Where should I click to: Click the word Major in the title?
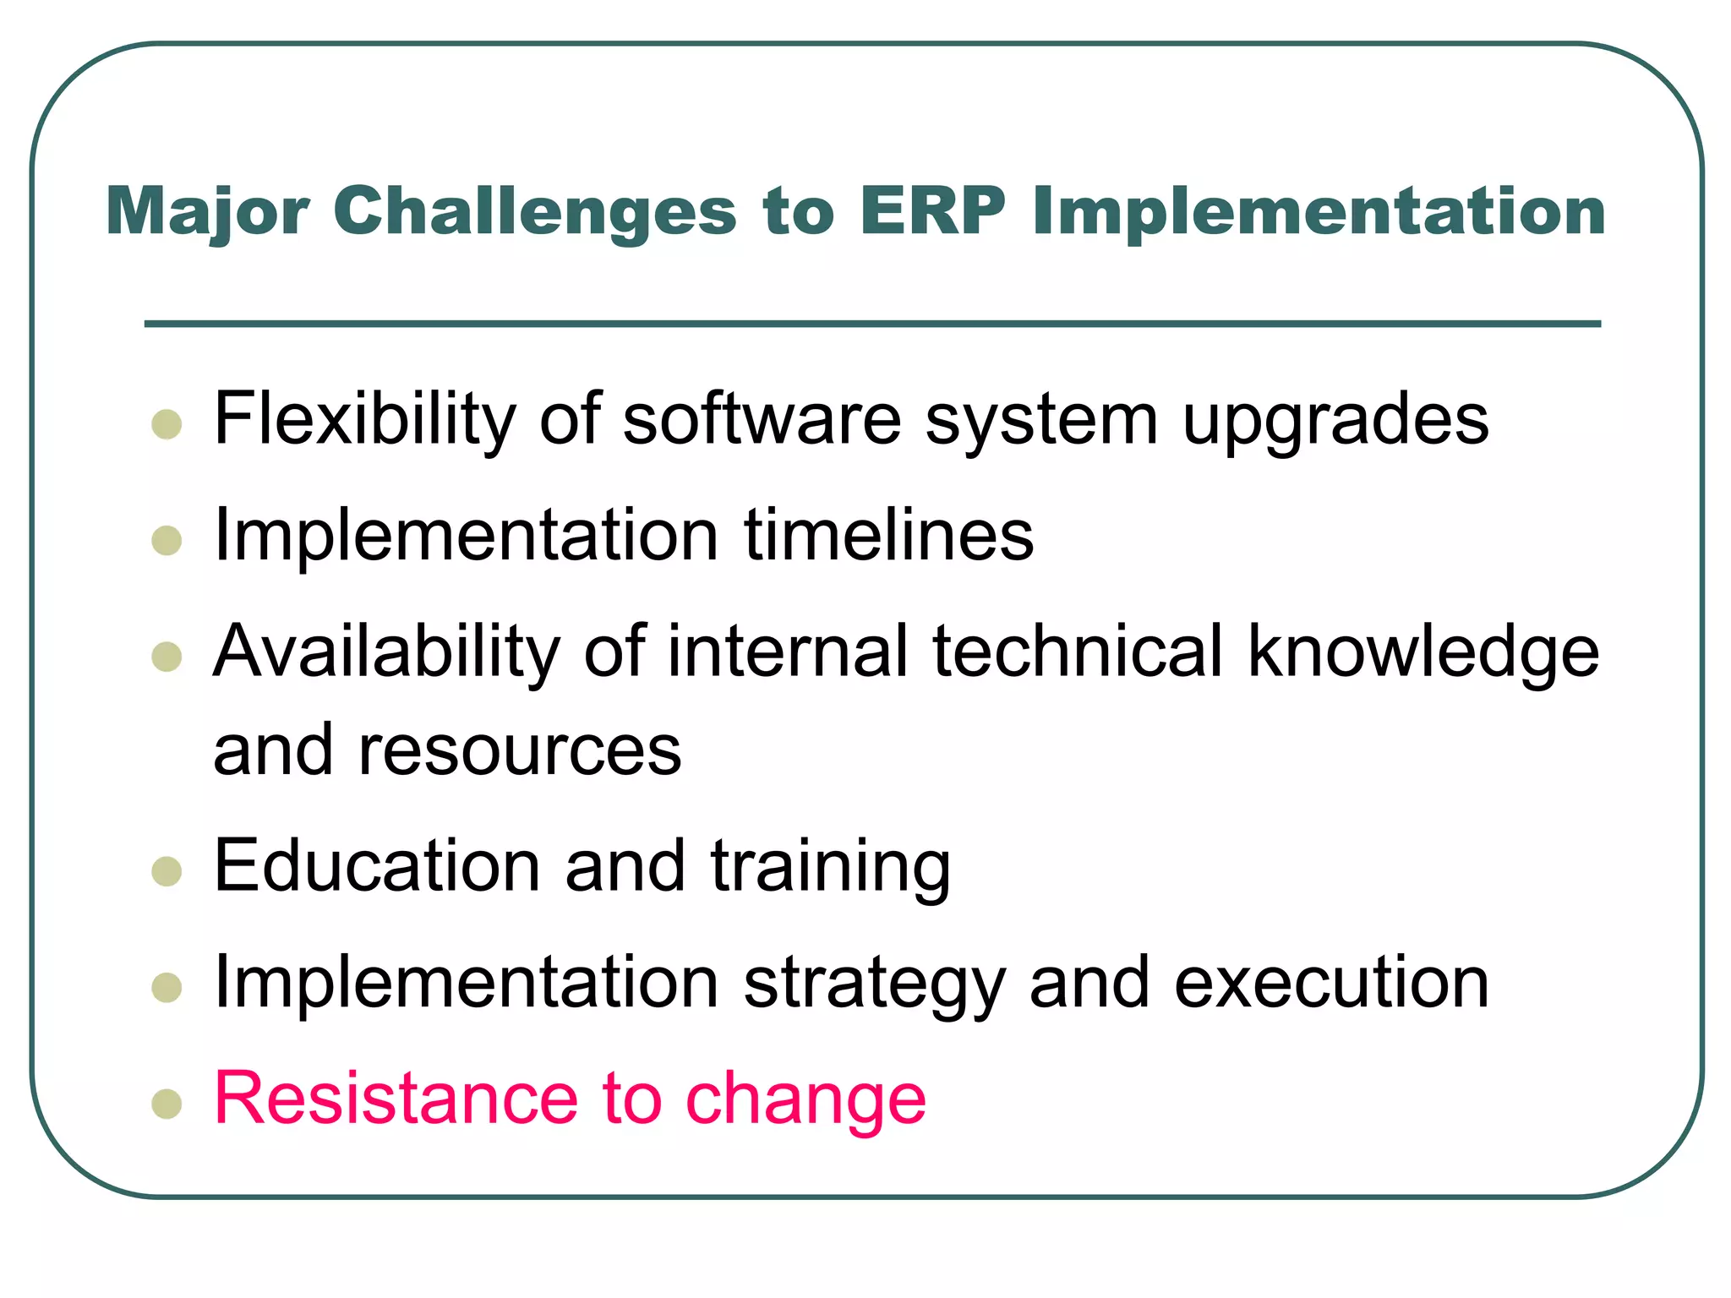point(207,211)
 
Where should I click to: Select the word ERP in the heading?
point(932,211)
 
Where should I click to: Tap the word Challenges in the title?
point(535,211)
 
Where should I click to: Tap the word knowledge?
point(1422,652)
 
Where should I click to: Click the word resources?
point(519,751)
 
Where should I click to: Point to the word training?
point(831,869)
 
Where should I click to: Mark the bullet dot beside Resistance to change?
point(167,1103)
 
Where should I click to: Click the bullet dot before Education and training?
point(167,870)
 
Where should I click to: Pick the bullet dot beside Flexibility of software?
point(167,424)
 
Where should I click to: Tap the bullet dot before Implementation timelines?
point(167,540)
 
